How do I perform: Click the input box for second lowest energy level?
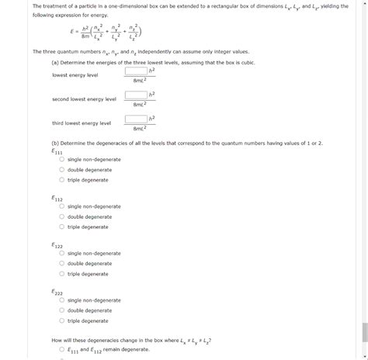tap(134, 95)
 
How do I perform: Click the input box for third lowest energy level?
tap(134, 119)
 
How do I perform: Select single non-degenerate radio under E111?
tap(61, 160)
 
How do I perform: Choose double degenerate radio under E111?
tap(61, 170)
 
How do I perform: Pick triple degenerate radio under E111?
tap(61, 180)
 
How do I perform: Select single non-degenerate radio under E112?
tap(61, 207)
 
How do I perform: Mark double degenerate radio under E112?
tap(61, 217)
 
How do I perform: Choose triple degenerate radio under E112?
tap(61, 227)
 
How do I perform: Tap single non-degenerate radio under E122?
tap(61, 254)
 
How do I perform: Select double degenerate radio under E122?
tap(61, 264)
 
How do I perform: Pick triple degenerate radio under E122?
tap(61, 274)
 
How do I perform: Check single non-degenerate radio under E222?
tap(61, 301)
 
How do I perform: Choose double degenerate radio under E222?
tap(61, 311)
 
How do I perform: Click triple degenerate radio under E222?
tap(61, 321)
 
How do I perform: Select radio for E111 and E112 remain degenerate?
tap(61, 350)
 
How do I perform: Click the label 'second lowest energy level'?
tap(84, 99)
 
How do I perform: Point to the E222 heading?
tap(57, 292)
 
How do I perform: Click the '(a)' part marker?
tap(55, 62)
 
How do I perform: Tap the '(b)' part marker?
tap(55, 144)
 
